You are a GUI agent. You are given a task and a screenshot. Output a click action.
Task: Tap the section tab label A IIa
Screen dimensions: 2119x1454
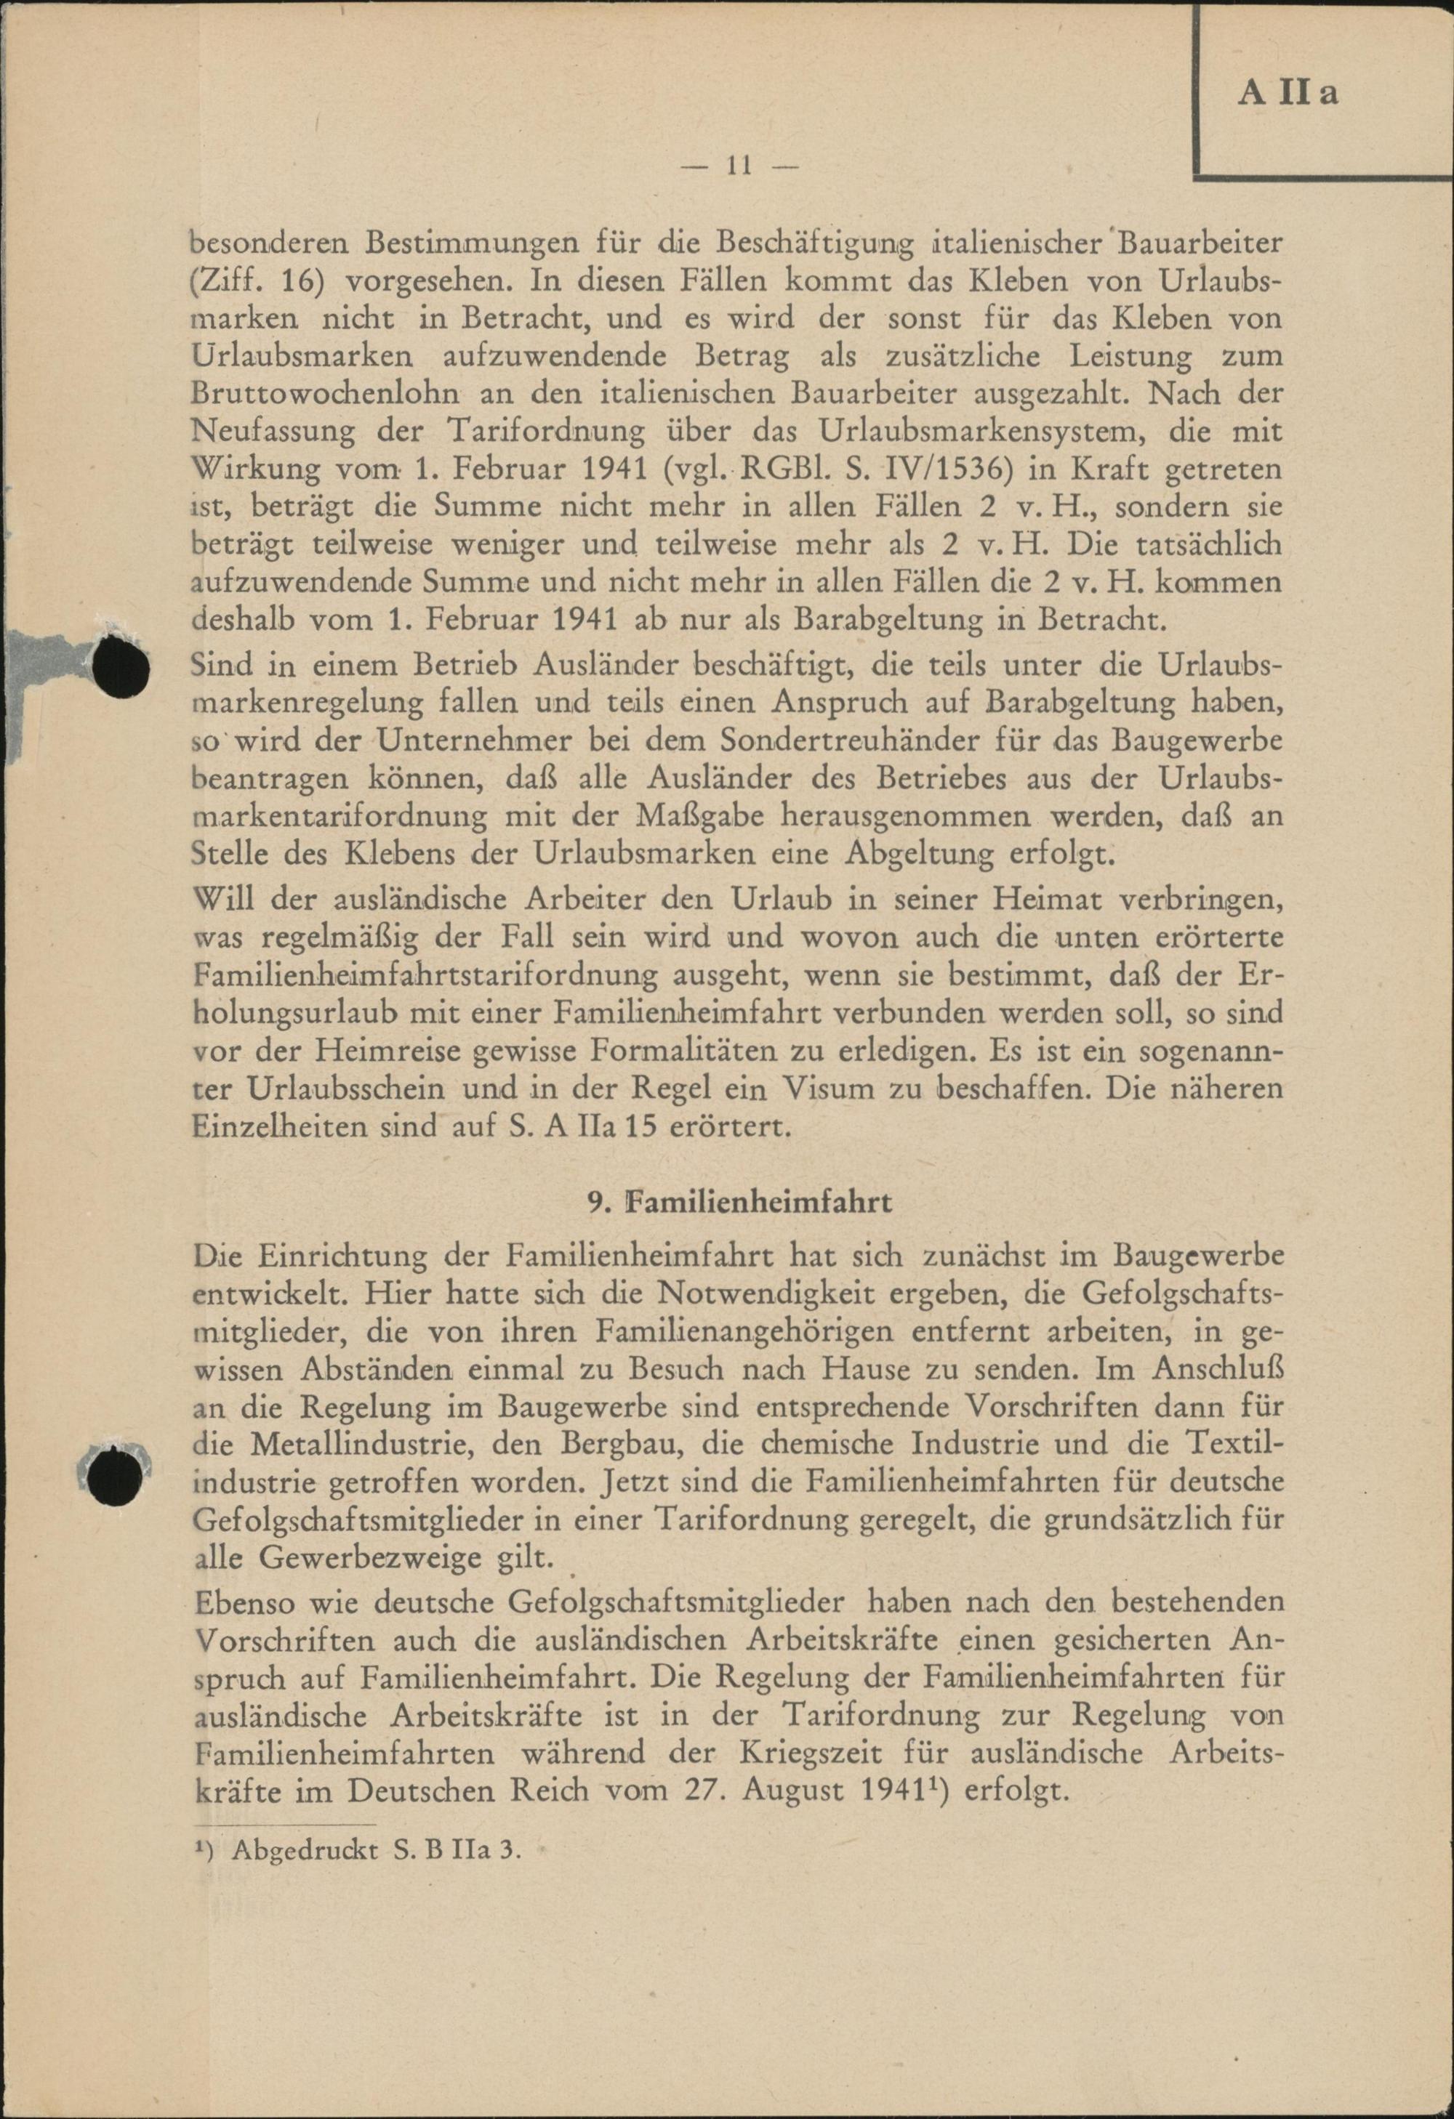1287,93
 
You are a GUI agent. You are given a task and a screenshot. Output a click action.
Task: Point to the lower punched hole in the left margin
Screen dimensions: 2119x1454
118,1474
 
